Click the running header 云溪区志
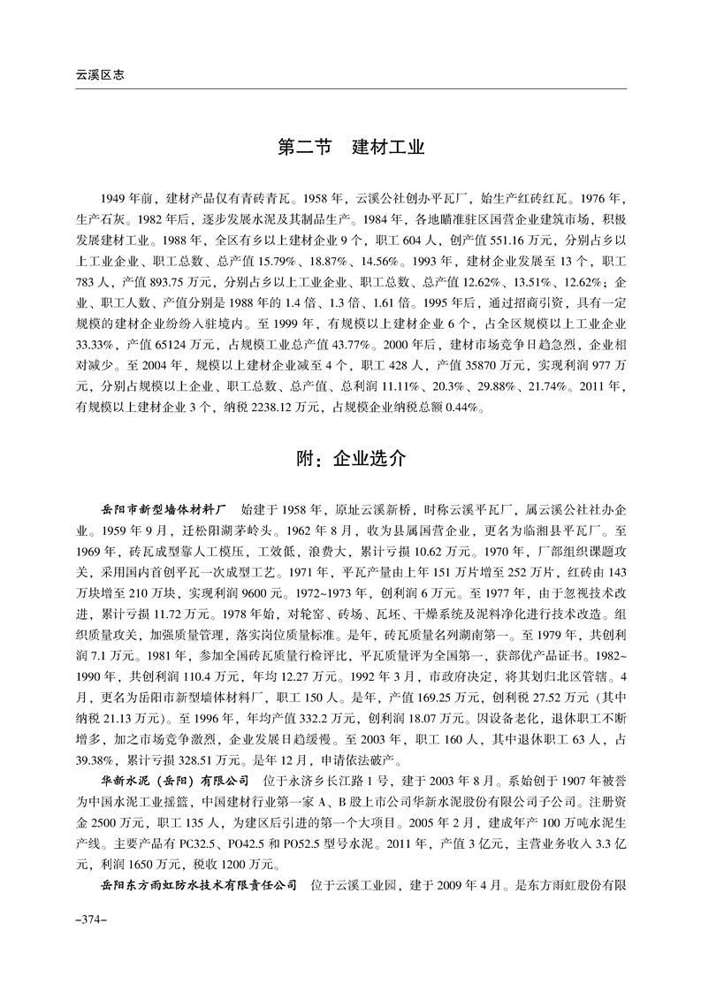click(x=98, y=76)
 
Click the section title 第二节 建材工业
click(x=351, y=147)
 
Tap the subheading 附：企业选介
click(x=351, y=459)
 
